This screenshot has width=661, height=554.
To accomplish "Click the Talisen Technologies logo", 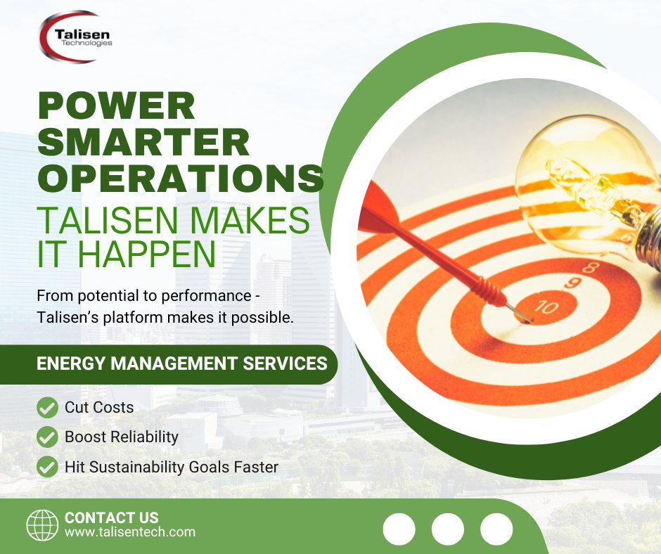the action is (x=75, y=37).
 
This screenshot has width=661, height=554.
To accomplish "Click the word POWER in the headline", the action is (x=117, y=106).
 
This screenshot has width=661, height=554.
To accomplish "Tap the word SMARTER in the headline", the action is (x=143, y=142).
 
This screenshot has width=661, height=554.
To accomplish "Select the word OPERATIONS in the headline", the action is (x=181, y=179).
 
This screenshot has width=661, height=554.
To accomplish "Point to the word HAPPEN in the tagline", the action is (x=147, y=254).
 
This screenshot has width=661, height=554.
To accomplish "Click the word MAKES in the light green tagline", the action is (x=250, y=219).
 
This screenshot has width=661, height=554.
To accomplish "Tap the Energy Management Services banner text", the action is (x=181, y=363).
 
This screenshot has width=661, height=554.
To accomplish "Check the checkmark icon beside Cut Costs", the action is (x=47, y=407).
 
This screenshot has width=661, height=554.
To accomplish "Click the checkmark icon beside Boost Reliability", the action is (x=47, y=437).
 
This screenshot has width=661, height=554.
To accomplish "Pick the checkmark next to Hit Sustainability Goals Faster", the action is (x=47, y=467).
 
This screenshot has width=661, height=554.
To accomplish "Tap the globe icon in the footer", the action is (x=42, y=525).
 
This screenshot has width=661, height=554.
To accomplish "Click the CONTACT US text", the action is (x=111, y=517).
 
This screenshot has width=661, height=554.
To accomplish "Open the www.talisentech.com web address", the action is (x=130, y=532).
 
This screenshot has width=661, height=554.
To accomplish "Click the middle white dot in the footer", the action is (x=448, y=529).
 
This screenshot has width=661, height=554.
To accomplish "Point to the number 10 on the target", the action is (x=547, y=307).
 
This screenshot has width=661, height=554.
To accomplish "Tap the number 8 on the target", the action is (x=591, y=267).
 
